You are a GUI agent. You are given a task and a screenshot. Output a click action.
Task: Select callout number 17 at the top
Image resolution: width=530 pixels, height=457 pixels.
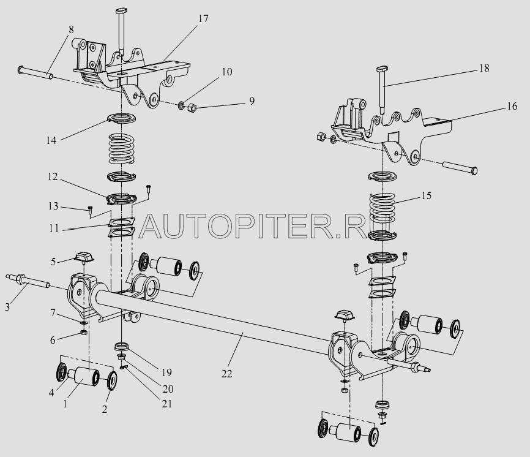coord(203,19)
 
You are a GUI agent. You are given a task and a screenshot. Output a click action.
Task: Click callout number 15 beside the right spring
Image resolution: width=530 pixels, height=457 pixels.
coord(426,196)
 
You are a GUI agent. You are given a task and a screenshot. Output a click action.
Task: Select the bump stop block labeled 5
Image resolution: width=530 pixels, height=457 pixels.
coord(83,257)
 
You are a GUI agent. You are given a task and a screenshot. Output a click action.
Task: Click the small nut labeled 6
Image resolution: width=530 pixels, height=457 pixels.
coord(84,333)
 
